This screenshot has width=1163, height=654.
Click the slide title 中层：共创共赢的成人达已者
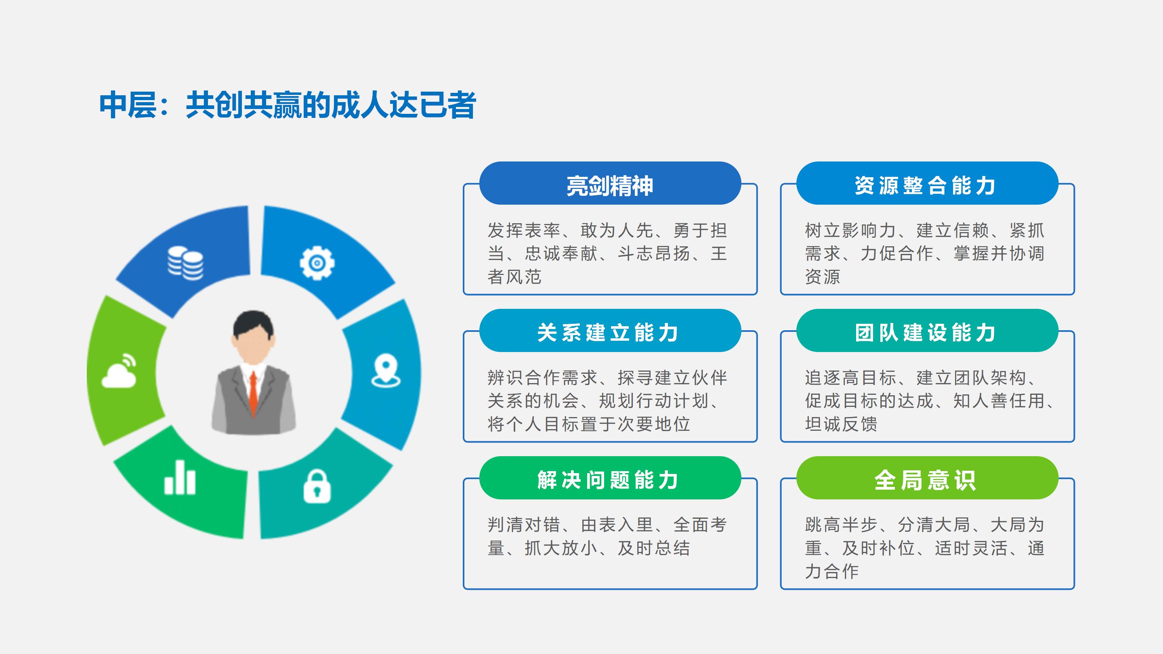(x=288, y=105)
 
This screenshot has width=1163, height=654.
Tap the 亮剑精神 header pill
(x=610, y=183)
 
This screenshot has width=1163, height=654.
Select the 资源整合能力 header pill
(x=927, y=183)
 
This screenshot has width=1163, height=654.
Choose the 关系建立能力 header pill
(x=610, y=330)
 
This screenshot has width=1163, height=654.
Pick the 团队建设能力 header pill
(x=927, y=330)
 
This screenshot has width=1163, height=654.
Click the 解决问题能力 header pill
(x=610, y=478)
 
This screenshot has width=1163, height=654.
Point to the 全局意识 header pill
(x=927, y=478)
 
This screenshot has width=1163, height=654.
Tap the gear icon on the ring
(x=317, y=263)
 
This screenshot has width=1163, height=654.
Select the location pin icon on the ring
(x=386, y=371)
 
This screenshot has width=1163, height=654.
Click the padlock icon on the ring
(x=317, y=486)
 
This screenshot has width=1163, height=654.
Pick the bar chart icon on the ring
(x=180, y=477)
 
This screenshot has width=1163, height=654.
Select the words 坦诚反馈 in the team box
(x=841, y=424)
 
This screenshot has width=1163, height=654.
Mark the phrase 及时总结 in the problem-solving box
(x=654, y=548)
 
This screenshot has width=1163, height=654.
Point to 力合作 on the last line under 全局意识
(x=831, y=571)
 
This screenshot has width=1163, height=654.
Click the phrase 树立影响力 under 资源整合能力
(x=850, y=230)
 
